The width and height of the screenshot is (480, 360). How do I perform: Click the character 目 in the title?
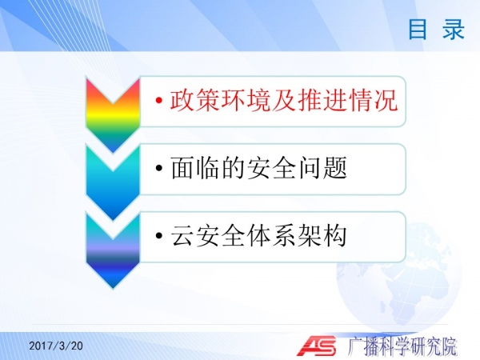(418, 29)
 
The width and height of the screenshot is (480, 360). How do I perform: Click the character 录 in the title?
(454, 29)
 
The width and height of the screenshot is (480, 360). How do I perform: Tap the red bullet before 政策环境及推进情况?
(159, 100)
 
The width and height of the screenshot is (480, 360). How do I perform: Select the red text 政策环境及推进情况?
(284, 100)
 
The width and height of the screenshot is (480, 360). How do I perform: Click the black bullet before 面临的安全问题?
(159, 168)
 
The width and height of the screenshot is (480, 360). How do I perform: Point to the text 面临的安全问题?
(258, 168)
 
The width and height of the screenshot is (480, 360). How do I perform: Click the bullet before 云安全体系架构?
(159, 235)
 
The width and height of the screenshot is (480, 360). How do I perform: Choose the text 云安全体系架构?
(258, 235)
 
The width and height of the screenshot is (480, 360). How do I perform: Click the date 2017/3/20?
(56, 346)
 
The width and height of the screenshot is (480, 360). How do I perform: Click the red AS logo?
(317, 346)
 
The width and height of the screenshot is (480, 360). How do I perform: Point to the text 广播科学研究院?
(402, 346)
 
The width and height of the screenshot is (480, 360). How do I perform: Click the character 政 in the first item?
(182, 100)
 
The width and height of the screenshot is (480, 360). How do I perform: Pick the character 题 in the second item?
(334, 168)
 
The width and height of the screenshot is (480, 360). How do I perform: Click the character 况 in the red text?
(386, 100)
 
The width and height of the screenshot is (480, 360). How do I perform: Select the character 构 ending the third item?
(334, 235)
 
